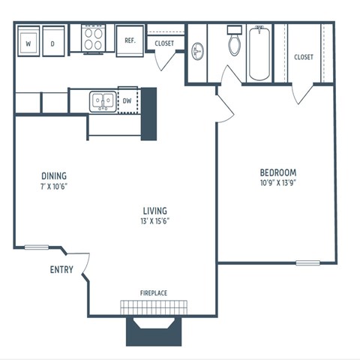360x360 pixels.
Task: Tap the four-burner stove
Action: [x=94, y=39]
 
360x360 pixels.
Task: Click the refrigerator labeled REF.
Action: [x=129, y=41]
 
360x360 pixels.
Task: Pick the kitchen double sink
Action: [x=102, y=100]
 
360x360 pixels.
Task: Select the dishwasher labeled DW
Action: [x=127, y=100]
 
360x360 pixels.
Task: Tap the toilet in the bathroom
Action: [x=234, y=44]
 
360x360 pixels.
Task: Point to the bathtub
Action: [x=259, y=52]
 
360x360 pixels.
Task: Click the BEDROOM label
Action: [x=278, y=171]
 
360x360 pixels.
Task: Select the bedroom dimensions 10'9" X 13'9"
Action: [x=278, y=182]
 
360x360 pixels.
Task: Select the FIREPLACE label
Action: [x=154, y=293]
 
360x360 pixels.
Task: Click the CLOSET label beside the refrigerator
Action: [x=164, y=43]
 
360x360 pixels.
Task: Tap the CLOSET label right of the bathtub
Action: [x=304, y=57]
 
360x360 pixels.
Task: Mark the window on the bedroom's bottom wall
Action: [x=307, y=262]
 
